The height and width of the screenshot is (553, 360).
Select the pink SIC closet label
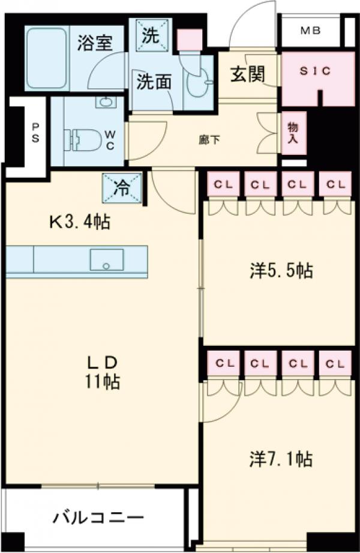(315, 70)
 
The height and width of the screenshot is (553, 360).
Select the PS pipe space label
(36, 133)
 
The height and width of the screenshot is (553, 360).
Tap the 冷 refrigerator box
(122, 189)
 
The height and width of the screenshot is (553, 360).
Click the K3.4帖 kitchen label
(79, 223)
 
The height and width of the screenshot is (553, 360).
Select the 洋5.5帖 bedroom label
(281, 271)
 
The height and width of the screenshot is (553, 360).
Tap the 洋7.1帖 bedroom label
(281, 459)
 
